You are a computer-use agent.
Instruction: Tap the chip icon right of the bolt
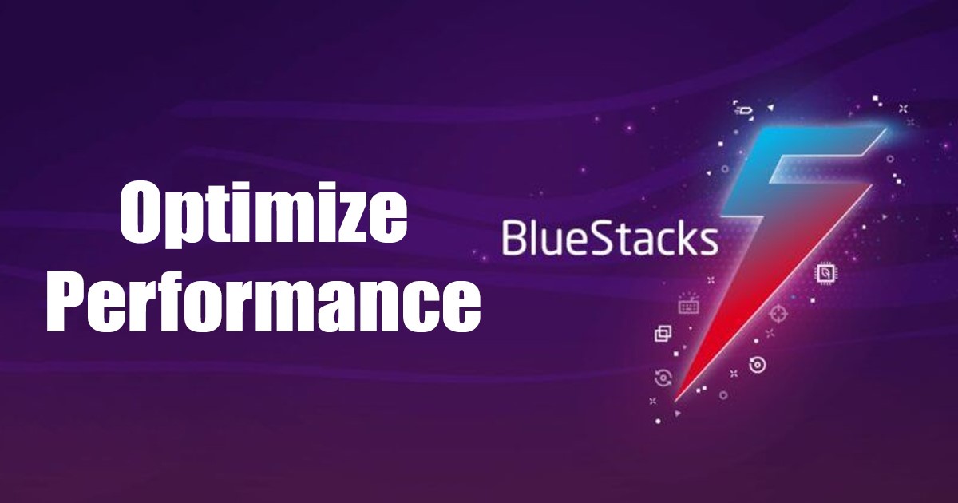[x=825, y=274]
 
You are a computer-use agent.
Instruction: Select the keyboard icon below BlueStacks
[x=688, y=304]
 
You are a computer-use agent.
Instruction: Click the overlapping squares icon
[x=663, y=334]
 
